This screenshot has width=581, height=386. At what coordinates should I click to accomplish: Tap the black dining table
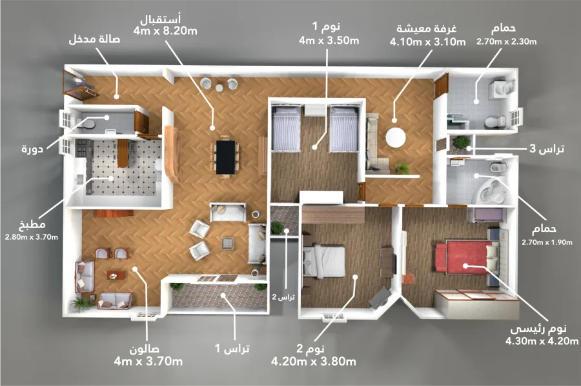(225, 157)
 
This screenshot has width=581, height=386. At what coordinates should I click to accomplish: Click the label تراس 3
(546, 149)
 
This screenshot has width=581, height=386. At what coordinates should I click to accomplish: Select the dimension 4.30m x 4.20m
(542, 342)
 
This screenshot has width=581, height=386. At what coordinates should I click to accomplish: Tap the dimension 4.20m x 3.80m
(314, 362)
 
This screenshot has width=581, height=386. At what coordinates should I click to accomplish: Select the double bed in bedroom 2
(325, 261)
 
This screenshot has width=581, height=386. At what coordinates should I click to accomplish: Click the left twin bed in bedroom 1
(285, 130)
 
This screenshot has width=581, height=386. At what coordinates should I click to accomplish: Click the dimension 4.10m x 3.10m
(427, 42)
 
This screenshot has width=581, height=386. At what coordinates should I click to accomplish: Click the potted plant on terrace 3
(462, 142)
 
